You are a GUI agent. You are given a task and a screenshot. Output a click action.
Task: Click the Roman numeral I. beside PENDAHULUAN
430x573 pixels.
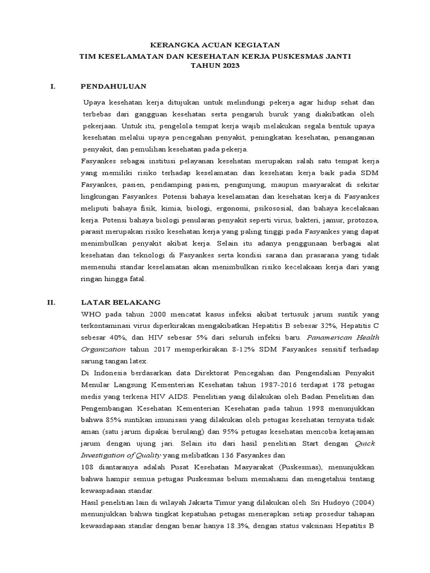[x=52, y=86]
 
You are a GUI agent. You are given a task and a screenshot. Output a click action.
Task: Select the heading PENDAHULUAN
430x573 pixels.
[x=113, y=86]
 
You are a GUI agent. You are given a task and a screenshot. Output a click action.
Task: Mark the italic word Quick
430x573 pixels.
[x=366, y=444]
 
